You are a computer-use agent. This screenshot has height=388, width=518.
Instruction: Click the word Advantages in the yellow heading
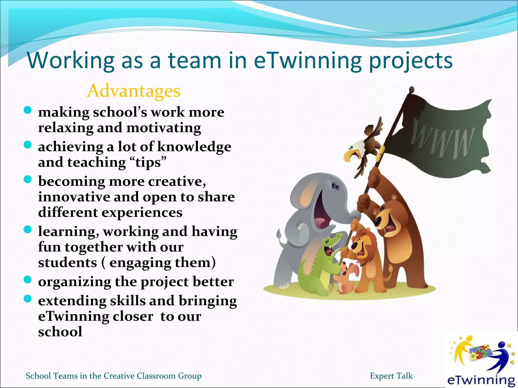(x=134, y=91)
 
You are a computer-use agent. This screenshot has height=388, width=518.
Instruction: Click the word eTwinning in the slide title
(x=307, y=61)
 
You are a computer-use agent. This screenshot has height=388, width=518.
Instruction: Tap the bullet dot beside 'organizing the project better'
(x=27, y=280)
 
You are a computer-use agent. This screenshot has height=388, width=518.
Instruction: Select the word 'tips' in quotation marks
(x=148, y=162)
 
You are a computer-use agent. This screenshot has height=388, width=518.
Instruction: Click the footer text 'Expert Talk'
(x=391, y=376)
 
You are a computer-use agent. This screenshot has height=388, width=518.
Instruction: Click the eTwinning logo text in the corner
(x=481, y=380)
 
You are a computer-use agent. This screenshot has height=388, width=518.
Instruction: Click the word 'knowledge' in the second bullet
(x=194, y=147)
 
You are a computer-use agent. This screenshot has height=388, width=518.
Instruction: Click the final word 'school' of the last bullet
(x=60, y=332)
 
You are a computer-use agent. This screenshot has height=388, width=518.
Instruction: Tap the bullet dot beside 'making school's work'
(x=27, y=110)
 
